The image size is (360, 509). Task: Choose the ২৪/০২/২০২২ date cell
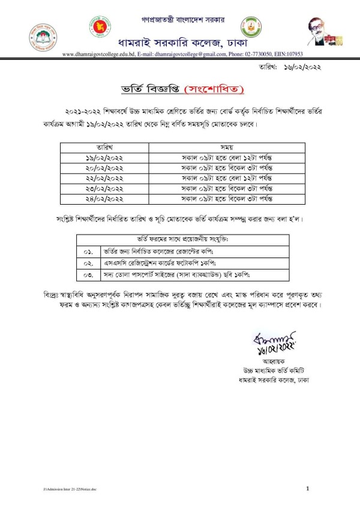(x=112, y=196)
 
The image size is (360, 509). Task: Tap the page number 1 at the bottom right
(x=307, y=489)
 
